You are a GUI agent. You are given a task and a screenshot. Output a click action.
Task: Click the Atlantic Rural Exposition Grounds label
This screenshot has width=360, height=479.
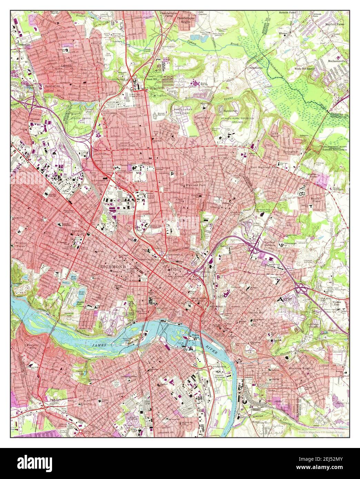coord(237,120)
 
